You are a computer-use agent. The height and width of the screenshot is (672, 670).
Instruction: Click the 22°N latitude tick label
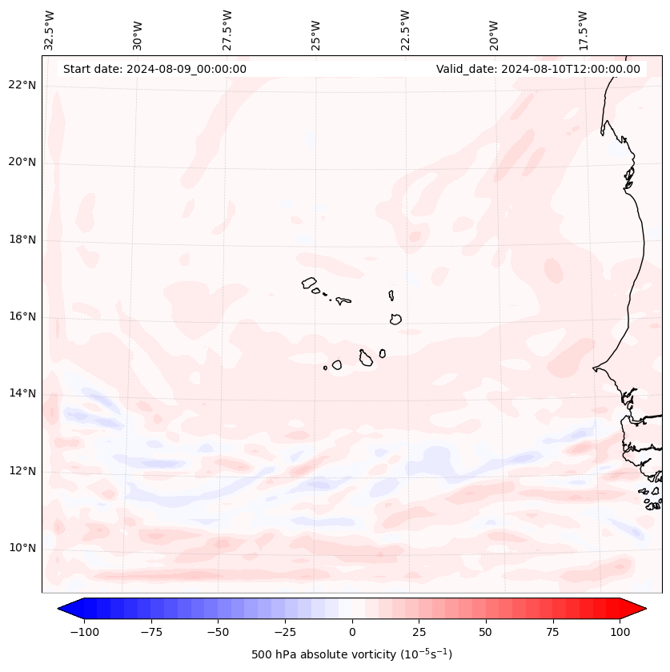point(22,85)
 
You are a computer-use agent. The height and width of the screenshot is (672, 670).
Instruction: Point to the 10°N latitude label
point(22,548)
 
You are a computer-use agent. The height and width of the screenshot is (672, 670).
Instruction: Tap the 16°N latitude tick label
point(22,316)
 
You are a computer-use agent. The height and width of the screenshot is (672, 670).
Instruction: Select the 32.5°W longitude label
point(50,30)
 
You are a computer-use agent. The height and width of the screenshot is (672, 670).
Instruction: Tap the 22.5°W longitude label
point(405,30)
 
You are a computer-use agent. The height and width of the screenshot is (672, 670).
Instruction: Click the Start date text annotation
point(154,69)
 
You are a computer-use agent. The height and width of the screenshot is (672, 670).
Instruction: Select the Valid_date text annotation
point(538,69)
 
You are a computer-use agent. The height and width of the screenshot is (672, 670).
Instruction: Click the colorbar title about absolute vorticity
point(352,654)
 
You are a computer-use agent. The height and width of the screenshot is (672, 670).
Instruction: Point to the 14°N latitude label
point(22,393)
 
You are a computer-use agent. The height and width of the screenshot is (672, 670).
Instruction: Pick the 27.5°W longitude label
point(227,30)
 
